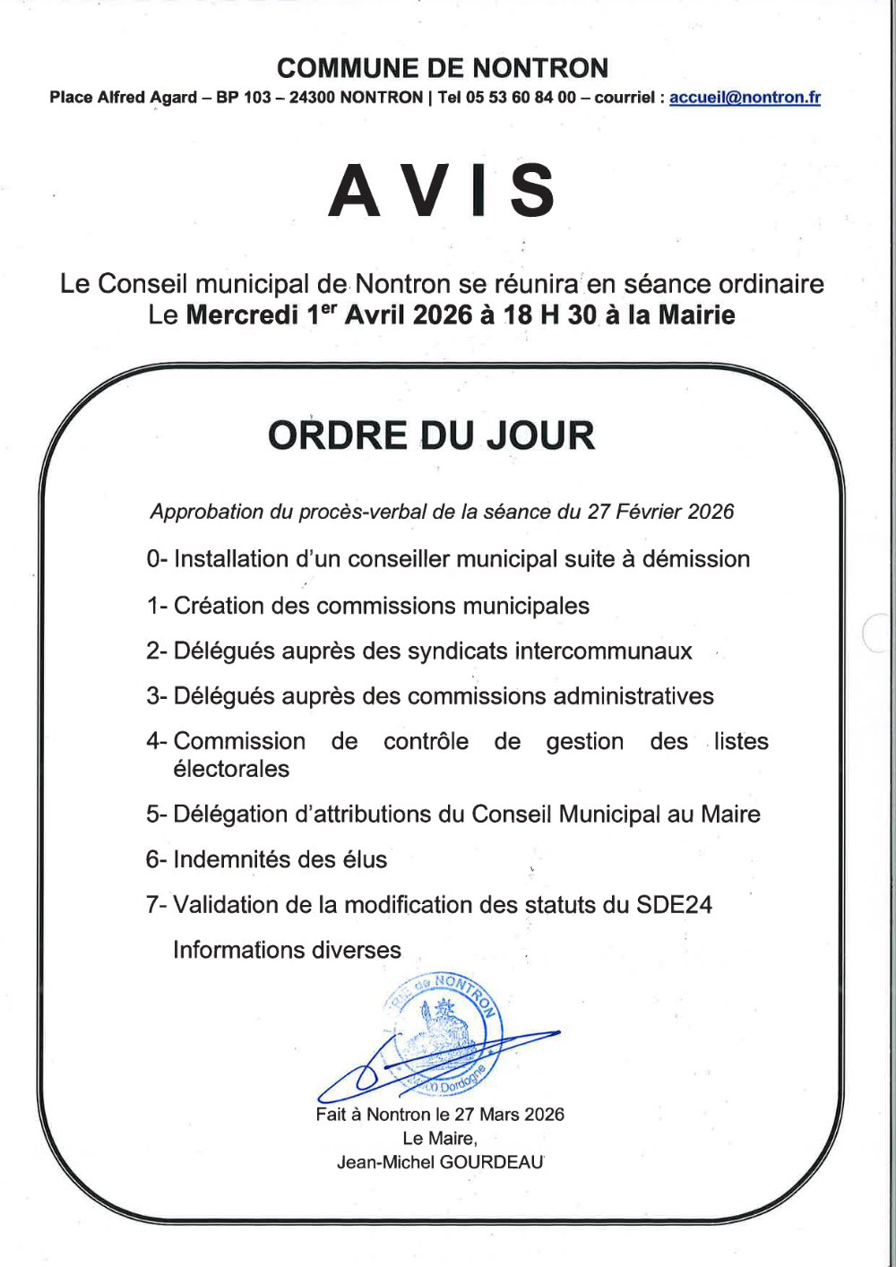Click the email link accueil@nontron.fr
point(745,98)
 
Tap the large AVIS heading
point(443,191)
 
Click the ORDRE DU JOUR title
point(431,435)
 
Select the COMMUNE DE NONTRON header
point(443,68)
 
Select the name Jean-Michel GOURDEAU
point(440,1162)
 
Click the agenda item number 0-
point(157,559)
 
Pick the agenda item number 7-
point(156,905)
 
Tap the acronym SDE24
point(674,905)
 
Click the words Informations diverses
point(287,950)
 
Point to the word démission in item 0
point(696,559)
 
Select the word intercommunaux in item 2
point(549,651)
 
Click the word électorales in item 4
point(231,769)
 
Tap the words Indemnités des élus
point(280,860)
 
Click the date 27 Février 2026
point(660,512)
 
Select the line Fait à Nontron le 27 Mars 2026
point(440,1115)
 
